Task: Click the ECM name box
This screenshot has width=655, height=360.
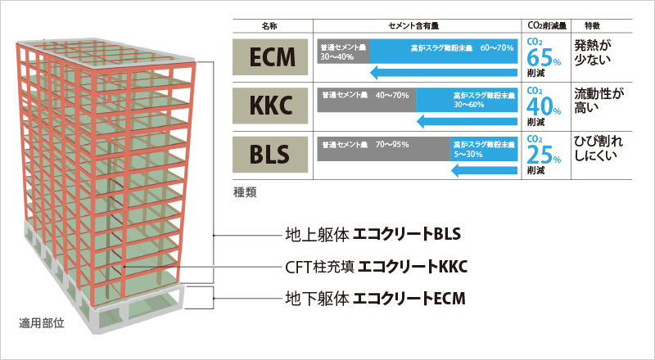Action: pos(271,59)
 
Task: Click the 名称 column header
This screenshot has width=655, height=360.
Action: pos(271,25)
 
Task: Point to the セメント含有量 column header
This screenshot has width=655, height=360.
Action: pos(418,25)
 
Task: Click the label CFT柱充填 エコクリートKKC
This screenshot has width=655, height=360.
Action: pos(376,267)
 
